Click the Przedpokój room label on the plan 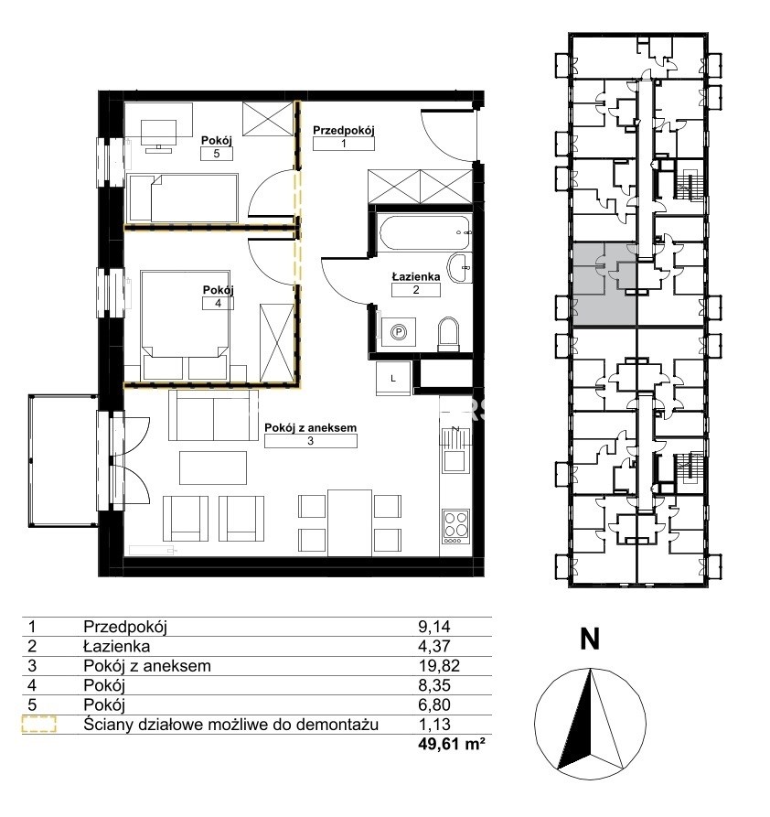(343, 131)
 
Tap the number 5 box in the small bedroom (217, 154)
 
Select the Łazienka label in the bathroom (416, 276)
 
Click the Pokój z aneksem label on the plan (311, 428)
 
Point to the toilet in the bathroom (449, 334)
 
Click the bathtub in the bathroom (424, 232)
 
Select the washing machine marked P (399, 332)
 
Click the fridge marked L (393, 378)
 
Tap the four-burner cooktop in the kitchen (455, 526)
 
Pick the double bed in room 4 (185, 325)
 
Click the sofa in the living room (213, 415)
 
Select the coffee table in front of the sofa (213, 468)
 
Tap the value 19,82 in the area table (439, 666)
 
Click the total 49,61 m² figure (452, 744)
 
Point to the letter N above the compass (590, 639)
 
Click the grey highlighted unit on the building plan (604, 285)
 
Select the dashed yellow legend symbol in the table (39, 725)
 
